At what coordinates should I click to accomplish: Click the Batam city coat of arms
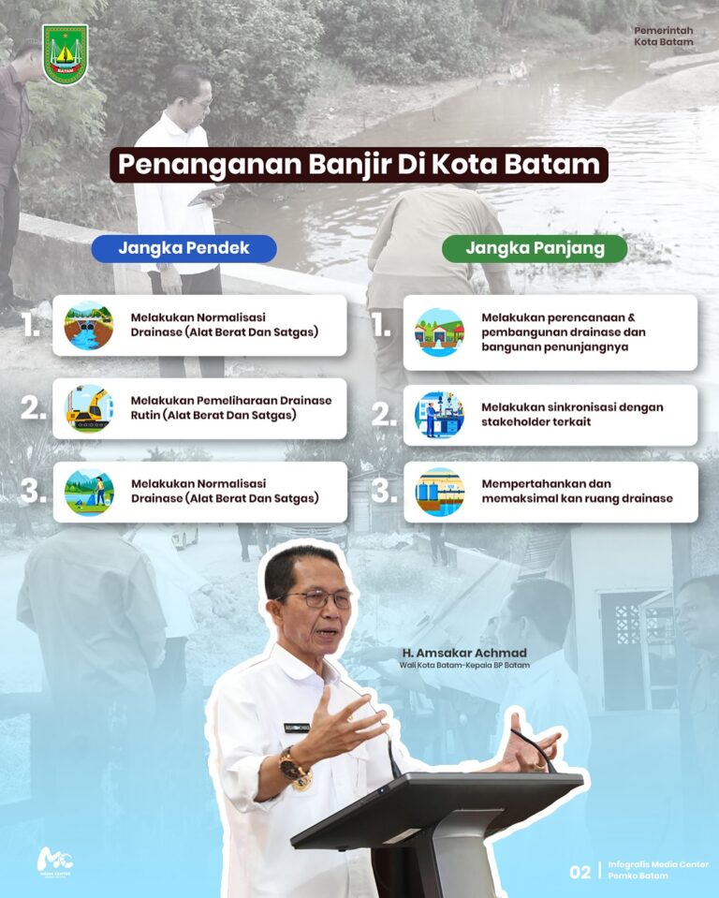pyautogui.click(x=65, y=53)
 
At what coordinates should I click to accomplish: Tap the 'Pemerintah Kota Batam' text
pyautogui.click(x=664, y=37)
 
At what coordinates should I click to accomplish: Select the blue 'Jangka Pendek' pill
pyautogui.click(x=183, y=248)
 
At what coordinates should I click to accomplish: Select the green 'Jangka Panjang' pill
pyautogui.click(x=535, y=248)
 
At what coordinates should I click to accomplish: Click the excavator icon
pyautogui.click(x=88, y=408)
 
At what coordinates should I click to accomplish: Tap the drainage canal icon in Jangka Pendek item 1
pyautogui.click(x=88, y=326)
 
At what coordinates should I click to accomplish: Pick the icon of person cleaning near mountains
pyautogui.click(x=89, y=492)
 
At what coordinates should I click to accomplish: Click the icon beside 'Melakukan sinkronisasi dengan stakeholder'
pyautogui.click(x=439, y=415)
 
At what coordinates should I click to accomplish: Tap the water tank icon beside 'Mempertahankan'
pyautogui.click(x=439, y=492)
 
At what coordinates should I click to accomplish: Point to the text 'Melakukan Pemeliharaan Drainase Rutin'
pyautogui.click(x=231, y=407)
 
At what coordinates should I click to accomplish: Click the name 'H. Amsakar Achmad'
pyautogui.click(x=464, y=654)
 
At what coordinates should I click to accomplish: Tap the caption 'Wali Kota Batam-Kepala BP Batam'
pyautogui.click(x=464, y=666)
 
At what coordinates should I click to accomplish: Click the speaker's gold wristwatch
pyautogui.click(x=295, y=768)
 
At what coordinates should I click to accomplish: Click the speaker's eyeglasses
pyautogui.click(x=319, y=599)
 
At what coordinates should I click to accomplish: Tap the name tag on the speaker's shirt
pyautogui.click(x=297, y=728)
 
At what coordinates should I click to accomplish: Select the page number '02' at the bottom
pyautogui.click(x=580, y=872)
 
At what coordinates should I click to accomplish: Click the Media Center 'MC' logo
pyautogui.click(x=55, y=861)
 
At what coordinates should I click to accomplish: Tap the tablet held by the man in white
pyautogui.click(x=208, y=196)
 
